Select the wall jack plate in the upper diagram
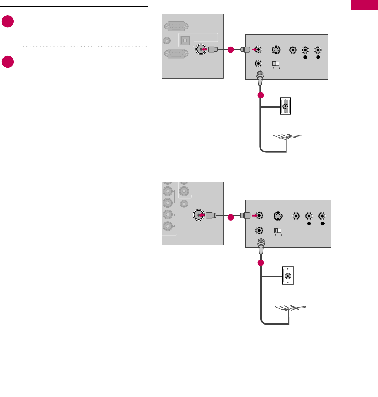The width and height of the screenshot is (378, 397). (x=285, y=106)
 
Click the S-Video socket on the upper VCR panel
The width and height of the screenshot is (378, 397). (x=276, y=50)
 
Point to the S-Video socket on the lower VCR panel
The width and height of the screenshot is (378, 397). (x=278, y=216)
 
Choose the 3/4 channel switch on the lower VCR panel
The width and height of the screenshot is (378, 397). (x=277, y=230)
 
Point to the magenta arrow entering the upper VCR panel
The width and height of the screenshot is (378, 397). (x=253, y=50)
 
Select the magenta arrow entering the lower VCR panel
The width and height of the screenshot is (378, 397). (x=254, y=215)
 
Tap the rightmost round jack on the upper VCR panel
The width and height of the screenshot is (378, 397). (x=318, y=50)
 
